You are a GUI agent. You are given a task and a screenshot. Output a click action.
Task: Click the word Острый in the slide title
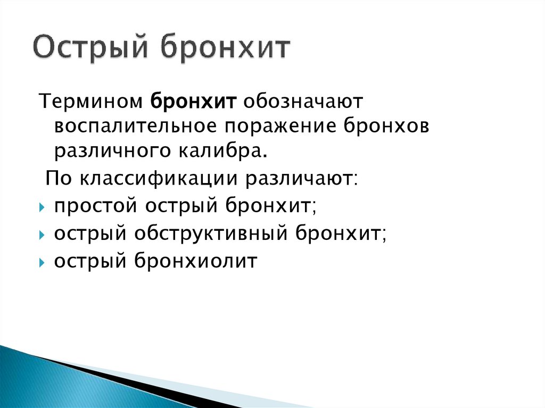[90, 49]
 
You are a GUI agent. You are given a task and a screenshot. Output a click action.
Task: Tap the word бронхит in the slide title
[225, 49]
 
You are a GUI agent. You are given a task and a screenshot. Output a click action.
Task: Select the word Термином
[89, 100]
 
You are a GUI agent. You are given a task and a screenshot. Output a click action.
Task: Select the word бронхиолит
[195, 261]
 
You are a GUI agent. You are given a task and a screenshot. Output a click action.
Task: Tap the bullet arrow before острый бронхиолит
[42, 262]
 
